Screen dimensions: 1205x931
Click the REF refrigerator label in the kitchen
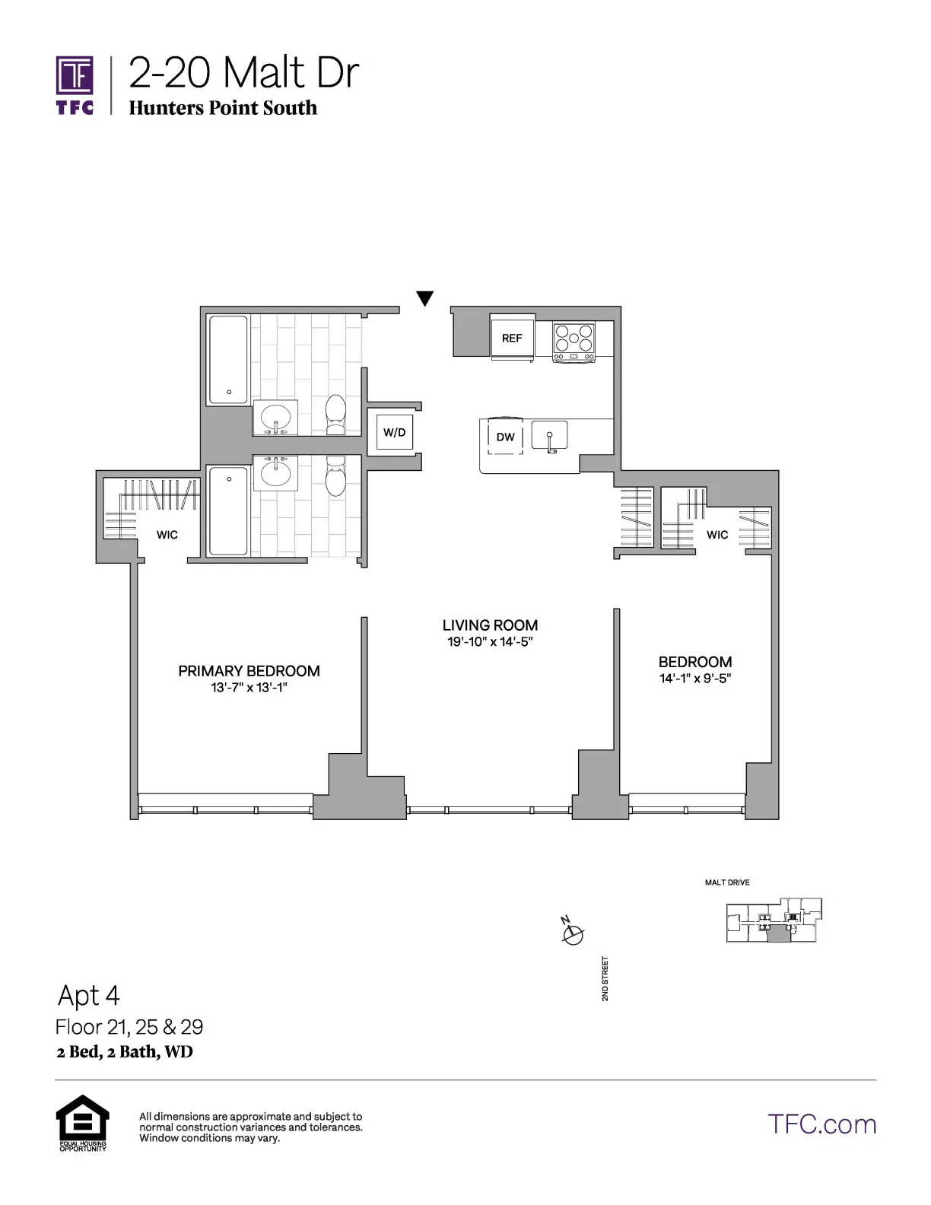(x=512, y=339)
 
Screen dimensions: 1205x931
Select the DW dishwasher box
(x=505, y=437)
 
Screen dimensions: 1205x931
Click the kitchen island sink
(x=549, y=437)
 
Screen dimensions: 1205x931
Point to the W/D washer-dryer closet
(x=394, y=433)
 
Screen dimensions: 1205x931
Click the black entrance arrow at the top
(x=425, y=299)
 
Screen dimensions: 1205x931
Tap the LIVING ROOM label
(x=490, y=625)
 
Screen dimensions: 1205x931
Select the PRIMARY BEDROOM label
(x=249, y=671)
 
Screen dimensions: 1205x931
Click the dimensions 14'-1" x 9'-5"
(x=695, y=679)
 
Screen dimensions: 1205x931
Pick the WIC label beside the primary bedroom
(x=167, y=535)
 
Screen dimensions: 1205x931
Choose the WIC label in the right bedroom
(x=717, y=535)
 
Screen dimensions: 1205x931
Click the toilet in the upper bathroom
(x=335, y=415)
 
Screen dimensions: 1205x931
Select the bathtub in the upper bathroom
(x=228, y=360)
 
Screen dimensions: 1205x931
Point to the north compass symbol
(x=572, y=933)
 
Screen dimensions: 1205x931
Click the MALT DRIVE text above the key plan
(x=727, y=882)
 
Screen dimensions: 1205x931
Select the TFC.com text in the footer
(x=821, y=1124)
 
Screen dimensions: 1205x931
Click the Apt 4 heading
(x=89, y=996)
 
